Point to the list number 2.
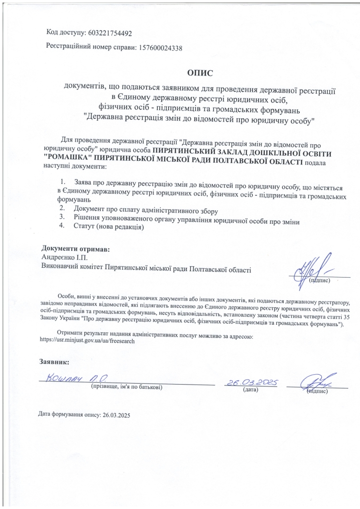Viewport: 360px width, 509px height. coord(61,209)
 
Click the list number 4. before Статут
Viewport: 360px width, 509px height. coord(61,226)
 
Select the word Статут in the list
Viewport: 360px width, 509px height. coord(85,226)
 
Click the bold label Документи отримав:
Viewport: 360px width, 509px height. coord(76,248)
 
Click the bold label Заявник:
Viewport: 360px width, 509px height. coord(54,362)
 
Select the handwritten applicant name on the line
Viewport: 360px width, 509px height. coord(78,378)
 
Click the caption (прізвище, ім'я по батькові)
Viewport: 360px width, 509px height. coord(127,387)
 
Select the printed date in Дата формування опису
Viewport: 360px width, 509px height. coord(115,415)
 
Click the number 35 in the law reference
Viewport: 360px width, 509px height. coord(346,317)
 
